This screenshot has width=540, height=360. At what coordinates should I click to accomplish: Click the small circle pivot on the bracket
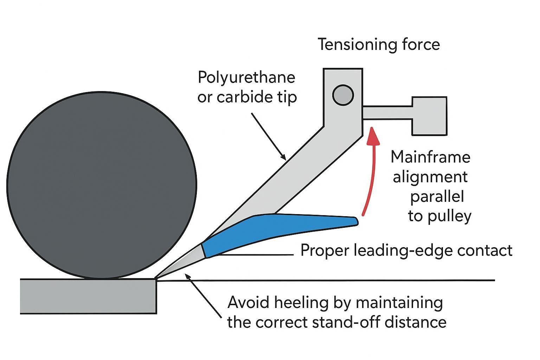point(343,95)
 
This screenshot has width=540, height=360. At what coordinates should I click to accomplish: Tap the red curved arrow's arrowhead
point(373,136)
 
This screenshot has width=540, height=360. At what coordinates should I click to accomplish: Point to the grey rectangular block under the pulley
point(88,296)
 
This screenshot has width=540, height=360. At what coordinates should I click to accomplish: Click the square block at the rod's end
point(429,116)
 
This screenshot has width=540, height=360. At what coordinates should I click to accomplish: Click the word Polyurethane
point(246,77)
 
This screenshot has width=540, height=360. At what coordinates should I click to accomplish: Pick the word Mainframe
point(430,157)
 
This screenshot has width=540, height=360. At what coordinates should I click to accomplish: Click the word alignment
point(430,177)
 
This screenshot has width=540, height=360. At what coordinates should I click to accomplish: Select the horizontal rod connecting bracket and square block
point(387,112)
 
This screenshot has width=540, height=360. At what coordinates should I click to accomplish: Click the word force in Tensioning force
point(422,45)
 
